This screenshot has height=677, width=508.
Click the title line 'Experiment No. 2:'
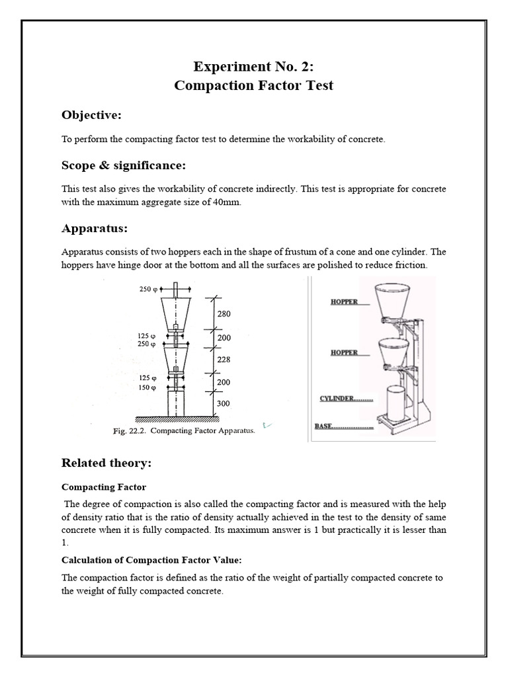pos(254,66)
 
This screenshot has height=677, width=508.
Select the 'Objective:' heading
pos(91,115)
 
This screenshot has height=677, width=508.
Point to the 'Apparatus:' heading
pos(94,229)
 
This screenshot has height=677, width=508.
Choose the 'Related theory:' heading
pos(106,463)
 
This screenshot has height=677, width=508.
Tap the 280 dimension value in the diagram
pos(224,314)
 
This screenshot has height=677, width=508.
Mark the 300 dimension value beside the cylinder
pos(224,403)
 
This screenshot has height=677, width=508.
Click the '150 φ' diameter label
pos(148,388)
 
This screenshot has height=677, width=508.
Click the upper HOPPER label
pos(344,302)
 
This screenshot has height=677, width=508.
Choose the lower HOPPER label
pos(344,352)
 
